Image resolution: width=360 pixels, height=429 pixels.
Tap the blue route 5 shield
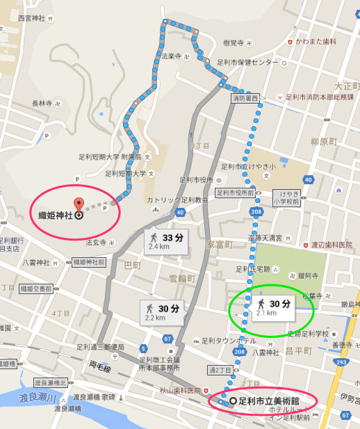coord(142,348)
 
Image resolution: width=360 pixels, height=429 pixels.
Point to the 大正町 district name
coord(345,86)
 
